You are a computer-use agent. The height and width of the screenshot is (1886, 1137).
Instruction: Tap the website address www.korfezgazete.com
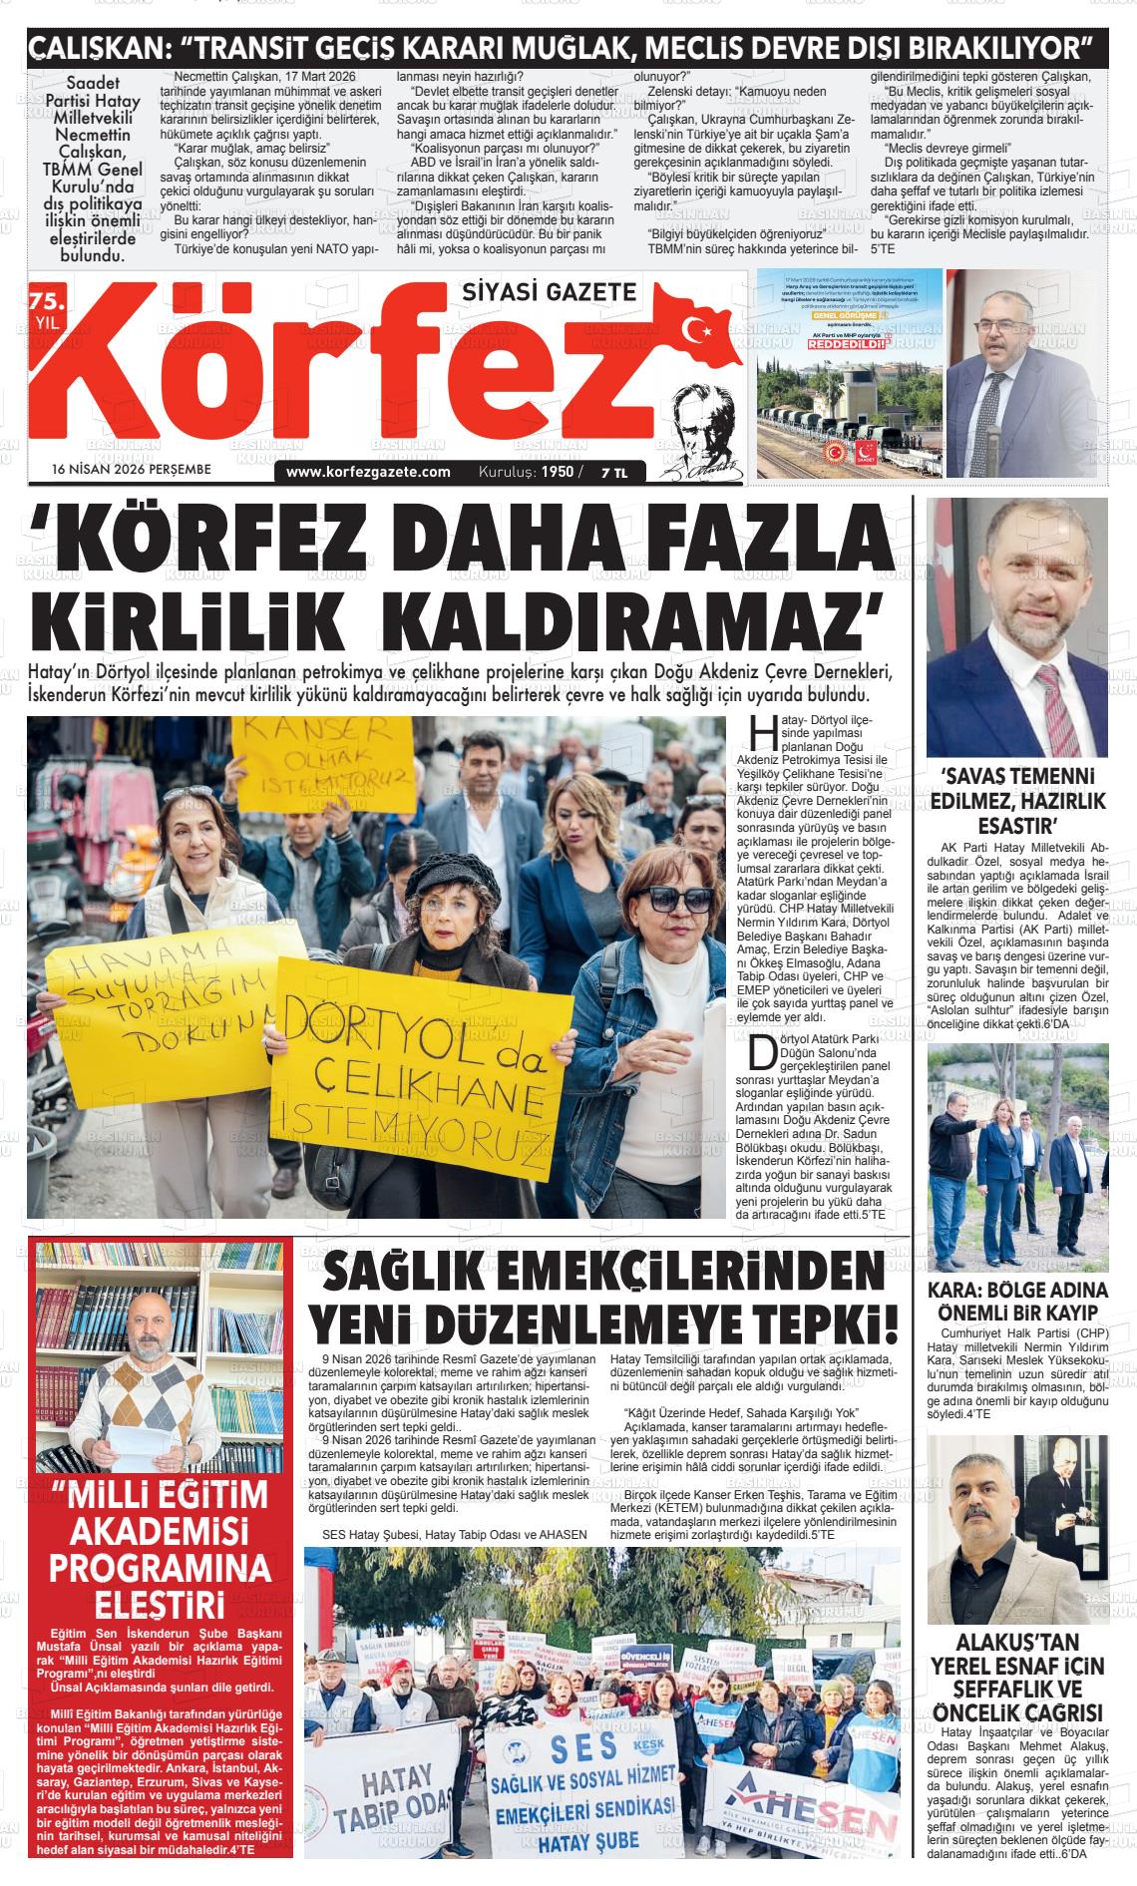368,472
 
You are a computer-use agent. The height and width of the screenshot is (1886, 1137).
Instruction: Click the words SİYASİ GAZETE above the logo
549,290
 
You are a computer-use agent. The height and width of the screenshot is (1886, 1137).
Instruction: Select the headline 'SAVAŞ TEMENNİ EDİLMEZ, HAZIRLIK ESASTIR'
1018,801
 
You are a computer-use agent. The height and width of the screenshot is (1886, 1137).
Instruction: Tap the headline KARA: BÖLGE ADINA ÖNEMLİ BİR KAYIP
1018,1300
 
